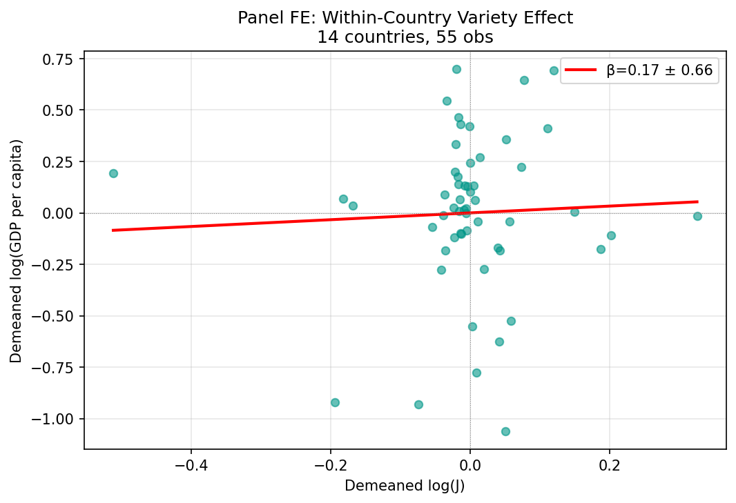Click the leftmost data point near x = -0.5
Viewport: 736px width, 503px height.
tap(113, 173)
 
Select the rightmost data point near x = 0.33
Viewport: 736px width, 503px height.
tap(697, 216)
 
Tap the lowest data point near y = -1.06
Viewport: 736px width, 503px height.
tap(505, 431)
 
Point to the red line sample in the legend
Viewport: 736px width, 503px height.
tap(581, 70)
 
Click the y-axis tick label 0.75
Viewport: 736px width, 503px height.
tap(59, 59)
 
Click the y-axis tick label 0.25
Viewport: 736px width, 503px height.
tap(59, 161)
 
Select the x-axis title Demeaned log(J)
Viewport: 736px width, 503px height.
tap(405, 486)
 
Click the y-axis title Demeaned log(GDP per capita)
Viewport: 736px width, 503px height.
tap(17, 250)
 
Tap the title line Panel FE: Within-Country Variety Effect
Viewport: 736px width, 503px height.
tap(405, 19)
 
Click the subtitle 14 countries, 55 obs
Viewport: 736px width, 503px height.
tap(405, 37)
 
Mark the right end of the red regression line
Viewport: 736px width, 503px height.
tap(697, 201)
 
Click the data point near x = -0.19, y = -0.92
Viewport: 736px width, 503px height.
tap(335, 402)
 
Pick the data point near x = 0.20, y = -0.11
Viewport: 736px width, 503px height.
tap(611, 235)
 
